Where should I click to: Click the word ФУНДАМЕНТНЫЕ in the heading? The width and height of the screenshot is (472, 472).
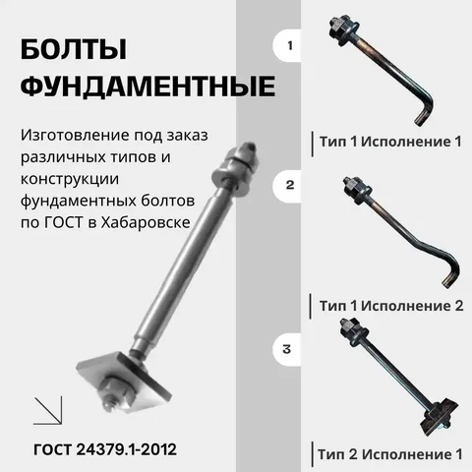pyautogui.click(x=147, y=88)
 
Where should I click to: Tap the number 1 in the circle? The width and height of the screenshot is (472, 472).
pyautogui.click(x=289, y=45)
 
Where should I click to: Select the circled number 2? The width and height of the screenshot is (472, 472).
pyautogui.click(x=289, y=184)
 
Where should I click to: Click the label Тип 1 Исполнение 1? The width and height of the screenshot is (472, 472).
pyautogui.click(x=389, y=142)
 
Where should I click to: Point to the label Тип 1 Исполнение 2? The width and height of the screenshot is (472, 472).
pyautogui.click(x=389, y=306)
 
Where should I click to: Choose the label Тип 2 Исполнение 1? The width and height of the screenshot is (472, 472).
pyautogui.click(x=389, y=454)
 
